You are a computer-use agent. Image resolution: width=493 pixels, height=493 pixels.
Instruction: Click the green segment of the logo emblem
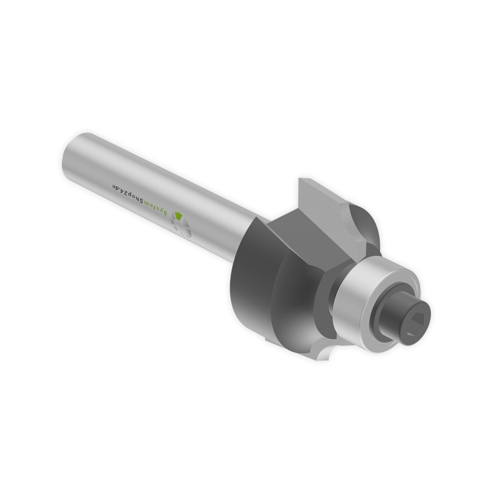pos(179,216)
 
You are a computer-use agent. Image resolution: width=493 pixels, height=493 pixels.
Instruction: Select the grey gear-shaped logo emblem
pos(181,226)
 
